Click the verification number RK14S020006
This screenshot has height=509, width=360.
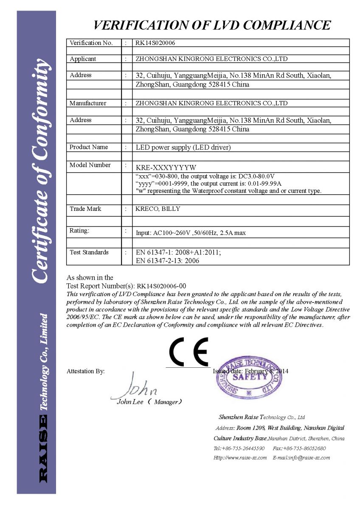tap(155, 43)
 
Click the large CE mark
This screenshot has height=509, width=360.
tap(188, 352)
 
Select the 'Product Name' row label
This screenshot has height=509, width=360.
tap(89, 147)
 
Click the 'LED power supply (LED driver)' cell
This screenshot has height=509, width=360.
tap(183, 148)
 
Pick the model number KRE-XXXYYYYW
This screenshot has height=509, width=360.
tap(166, 167)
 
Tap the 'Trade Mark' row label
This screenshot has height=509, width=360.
tap(85, 209)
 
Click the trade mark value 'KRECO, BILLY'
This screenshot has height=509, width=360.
tap(157, 209)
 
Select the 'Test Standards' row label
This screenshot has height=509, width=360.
tap(89, 252)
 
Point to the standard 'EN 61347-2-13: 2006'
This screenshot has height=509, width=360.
tap(167, 261)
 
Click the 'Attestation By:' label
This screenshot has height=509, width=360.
tap(86, 371)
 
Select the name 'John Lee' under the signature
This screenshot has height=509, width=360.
tap(130, 402)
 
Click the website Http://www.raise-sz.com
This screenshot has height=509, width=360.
tap(240, 458)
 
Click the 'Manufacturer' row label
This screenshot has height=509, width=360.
tap(88, 103)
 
